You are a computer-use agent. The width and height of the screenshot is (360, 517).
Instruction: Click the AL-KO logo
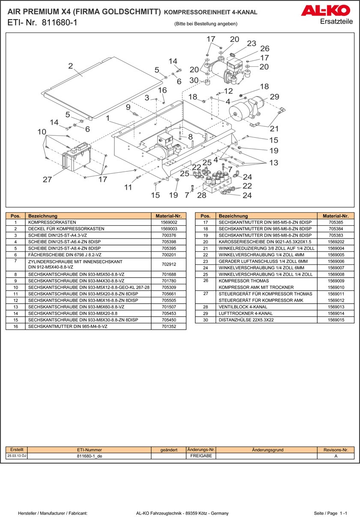click(x=325, y=11)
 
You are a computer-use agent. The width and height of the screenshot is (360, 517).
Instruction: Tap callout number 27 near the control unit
click(x=47, y=179)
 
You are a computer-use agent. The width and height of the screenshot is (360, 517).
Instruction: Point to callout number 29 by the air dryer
click(x=274, y=97)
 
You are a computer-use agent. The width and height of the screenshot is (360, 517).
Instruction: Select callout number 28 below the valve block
click(x=202, y=195)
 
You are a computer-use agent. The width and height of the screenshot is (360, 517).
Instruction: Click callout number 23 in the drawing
click(x=251, y=43)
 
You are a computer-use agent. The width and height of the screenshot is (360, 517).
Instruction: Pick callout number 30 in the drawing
click(x=193, y=80)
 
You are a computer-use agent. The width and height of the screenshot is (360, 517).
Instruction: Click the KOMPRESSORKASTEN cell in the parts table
click(x=52, y=223)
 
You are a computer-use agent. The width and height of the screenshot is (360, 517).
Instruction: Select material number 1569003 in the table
click(x=169, y=229)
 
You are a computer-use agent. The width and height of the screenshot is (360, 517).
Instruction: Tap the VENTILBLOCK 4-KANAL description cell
click(x=243, y=307)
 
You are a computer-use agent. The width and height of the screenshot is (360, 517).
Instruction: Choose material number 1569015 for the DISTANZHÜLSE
click(x=336, y=320)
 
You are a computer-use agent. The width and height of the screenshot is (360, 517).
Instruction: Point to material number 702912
click(x=169, y=264)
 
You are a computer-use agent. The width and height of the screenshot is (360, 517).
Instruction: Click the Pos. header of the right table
click(x=205, y=216)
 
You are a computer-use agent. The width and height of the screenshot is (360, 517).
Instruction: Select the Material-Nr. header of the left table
click(x=169, y=216)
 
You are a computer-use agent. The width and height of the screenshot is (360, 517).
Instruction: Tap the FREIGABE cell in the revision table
click(x=201, y=456)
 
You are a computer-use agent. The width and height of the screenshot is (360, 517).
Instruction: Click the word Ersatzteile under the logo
click(x=336, y=22)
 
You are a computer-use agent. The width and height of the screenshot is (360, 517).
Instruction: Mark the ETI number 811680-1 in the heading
click(x=60, y=23)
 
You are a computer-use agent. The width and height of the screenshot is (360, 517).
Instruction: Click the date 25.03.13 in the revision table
click(x=15, y=456)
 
